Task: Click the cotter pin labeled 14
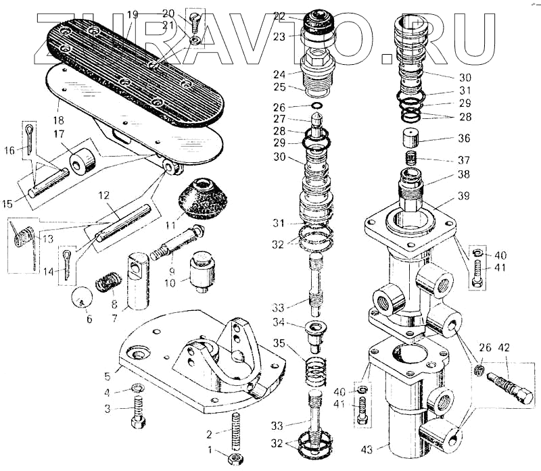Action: tap(68, 262)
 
